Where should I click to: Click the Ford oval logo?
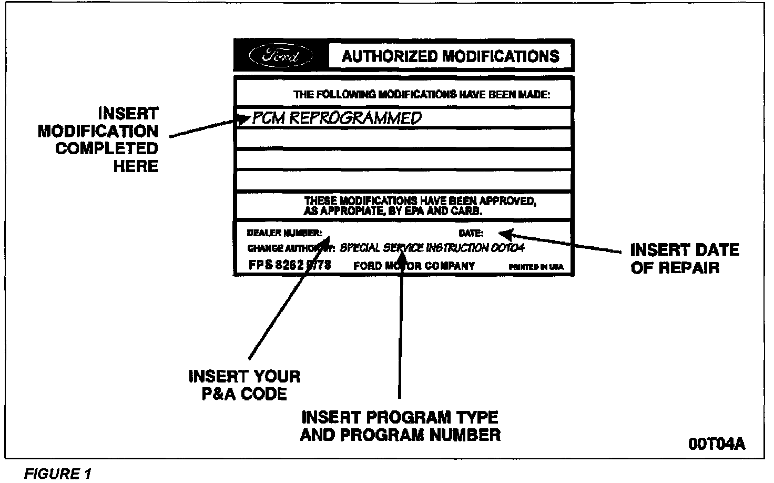[280, 56]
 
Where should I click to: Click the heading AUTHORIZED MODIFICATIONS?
[450, 56]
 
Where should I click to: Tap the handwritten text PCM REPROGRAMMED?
[337, 118]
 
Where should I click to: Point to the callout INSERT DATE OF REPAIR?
[684, 258]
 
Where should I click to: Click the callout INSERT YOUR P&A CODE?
[245, 385]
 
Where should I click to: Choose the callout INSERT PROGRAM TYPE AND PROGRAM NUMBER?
[400, 426]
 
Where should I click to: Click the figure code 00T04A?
[717, 444]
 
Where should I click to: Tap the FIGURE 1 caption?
[58, 474]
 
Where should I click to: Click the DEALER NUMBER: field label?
[284, 233]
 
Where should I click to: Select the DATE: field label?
[471, 233]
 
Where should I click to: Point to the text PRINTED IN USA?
[535, 267]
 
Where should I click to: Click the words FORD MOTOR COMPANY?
[414, 266]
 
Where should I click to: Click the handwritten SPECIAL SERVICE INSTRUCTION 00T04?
[432, 248]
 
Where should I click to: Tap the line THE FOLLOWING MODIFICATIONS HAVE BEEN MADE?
[421, 95]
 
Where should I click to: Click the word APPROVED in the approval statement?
[507, 201]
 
